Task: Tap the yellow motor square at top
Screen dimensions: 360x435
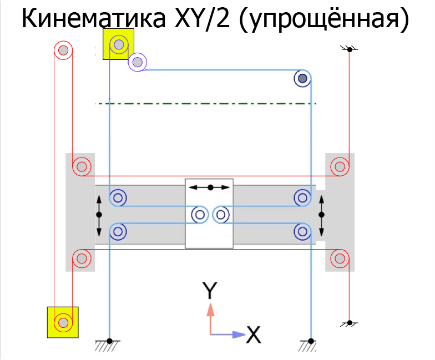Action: [118, 44]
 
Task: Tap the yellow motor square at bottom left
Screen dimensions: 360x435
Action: [63, 322]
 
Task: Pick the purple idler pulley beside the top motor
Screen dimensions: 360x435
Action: [137, 62]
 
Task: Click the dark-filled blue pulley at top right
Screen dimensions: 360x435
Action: [302, 79]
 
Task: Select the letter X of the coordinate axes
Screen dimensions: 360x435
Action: [253, 334]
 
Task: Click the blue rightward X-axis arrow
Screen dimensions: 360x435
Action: [230, 334]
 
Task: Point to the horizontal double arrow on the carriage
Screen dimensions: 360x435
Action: [210, 187]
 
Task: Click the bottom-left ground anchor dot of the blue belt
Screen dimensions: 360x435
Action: [109, 340]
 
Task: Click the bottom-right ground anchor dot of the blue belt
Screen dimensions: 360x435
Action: [311, 340]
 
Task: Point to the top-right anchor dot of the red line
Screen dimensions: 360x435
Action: [350, 50]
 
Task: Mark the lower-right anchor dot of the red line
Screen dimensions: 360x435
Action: [350, 322]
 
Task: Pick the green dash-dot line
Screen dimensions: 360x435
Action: [205, 104]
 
